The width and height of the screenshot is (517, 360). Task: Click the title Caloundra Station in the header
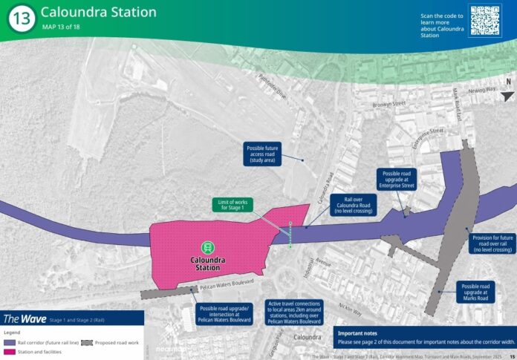click(x=98, y=12)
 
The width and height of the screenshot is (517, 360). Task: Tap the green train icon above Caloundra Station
click(x=208, y=246)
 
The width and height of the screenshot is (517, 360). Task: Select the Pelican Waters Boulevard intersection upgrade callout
click(x=225, y=313)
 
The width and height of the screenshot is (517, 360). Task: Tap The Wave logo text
click(x=25, y=318)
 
